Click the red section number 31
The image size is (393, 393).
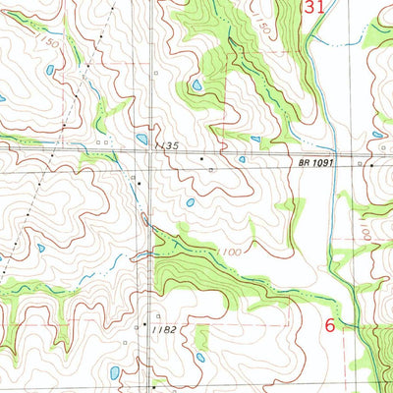point(312,8)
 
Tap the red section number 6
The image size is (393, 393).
point(330,323)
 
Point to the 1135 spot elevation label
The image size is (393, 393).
point(167,146)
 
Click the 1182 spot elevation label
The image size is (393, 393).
point(164,329)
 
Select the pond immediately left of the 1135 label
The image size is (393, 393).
point(142,140)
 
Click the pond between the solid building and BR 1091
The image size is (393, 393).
point(242,159)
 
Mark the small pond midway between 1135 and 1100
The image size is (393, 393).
point(190,203)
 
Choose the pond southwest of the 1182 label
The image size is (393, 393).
point(115,372)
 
